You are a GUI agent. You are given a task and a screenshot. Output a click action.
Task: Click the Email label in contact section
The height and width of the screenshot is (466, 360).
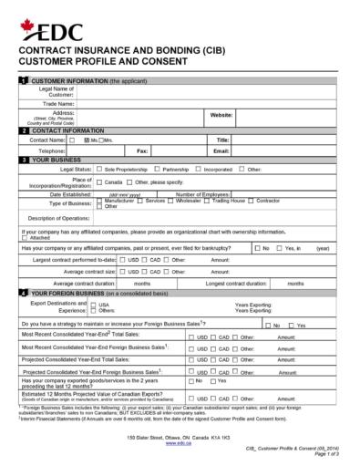click(x=221, y=150)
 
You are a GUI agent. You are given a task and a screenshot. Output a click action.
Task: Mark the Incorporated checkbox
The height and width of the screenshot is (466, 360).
click(x=200, y=170)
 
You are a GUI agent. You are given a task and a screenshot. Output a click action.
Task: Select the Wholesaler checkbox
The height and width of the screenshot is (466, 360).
click(x=172, y=200)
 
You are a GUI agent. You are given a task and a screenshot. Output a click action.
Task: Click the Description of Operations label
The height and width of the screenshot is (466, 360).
click(x=58, y=219)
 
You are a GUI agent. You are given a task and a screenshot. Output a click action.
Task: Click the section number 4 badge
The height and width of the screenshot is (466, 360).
click(x=24, y=294)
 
